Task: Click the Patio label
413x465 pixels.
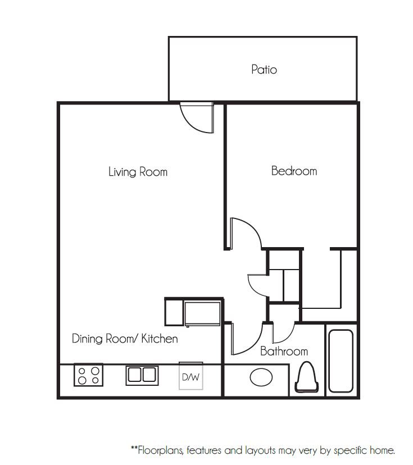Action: pos(264,70)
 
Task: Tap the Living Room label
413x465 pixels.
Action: pos(138,172)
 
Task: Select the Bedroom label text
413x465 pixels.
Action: pos(294,171)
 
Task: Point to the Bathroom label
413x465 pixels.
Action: pos(284,352)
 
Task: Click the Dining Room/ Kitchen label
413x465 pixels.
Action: pos(125,339)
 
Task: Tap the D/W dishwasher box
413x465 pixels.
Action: pos(190,377)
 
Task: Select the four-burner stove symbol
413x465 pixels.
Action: pos(89,375)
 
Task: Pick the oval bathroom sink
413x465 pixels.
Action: pos(261,377)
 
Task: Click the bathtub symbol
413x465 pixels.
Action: pos(341,361)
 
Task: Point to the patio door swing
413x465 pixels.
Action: pos(197,118)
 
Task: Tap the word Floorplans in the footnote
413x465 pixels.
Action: pos(160,450)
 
